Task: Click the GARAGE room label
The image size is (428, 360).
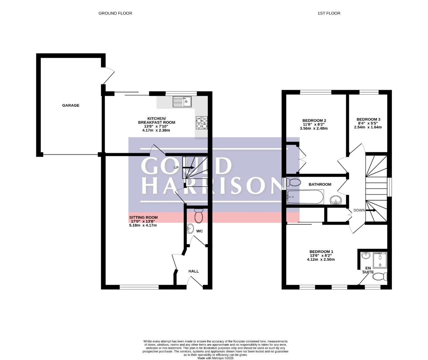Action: (x=71, y=105)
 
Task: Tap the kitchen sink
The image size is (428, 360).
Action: (x=182, y=102)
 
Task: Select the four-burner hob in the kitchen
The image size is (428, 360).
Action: (x=202, y=123)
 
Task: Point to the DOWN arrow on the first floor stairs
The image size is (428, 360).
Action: (x=371, y=210)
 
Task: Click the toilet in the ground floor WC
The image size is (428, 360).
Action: (x=198, y=216)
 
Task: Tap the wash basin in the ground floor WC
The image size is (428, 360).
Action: (x=190, y=228)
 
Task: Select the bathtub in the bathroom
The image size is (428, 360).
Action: (x=305, y=197)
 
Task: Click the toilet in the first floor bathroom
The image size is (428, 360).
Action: (x=293, y=182)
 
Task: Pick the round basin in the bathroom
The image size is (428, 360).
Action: (x=336, y=200)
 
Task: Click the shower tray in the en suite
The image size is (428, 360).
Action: (x=380, y=260)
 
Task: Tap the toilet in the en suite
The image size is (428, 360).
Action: (x=380, y=277)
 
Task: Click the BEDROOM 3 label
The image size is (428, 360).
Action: (x=368, y=119)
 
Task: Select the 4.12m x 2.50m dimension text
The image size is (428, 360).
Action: (x=321, y=259)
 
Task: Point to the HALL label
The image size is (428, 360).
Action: (x=193, y=271)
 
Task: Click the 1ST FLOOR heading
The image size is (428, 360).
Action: (x=329, y=13)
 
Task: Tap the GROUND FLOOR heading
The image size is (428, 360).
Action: (x=115, y=13)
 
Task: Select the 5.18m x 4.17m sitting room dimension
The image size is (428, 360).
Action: (x=143, y=225)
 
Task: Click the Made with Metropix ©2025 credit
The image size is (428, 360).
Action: (x=216, y=358)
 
